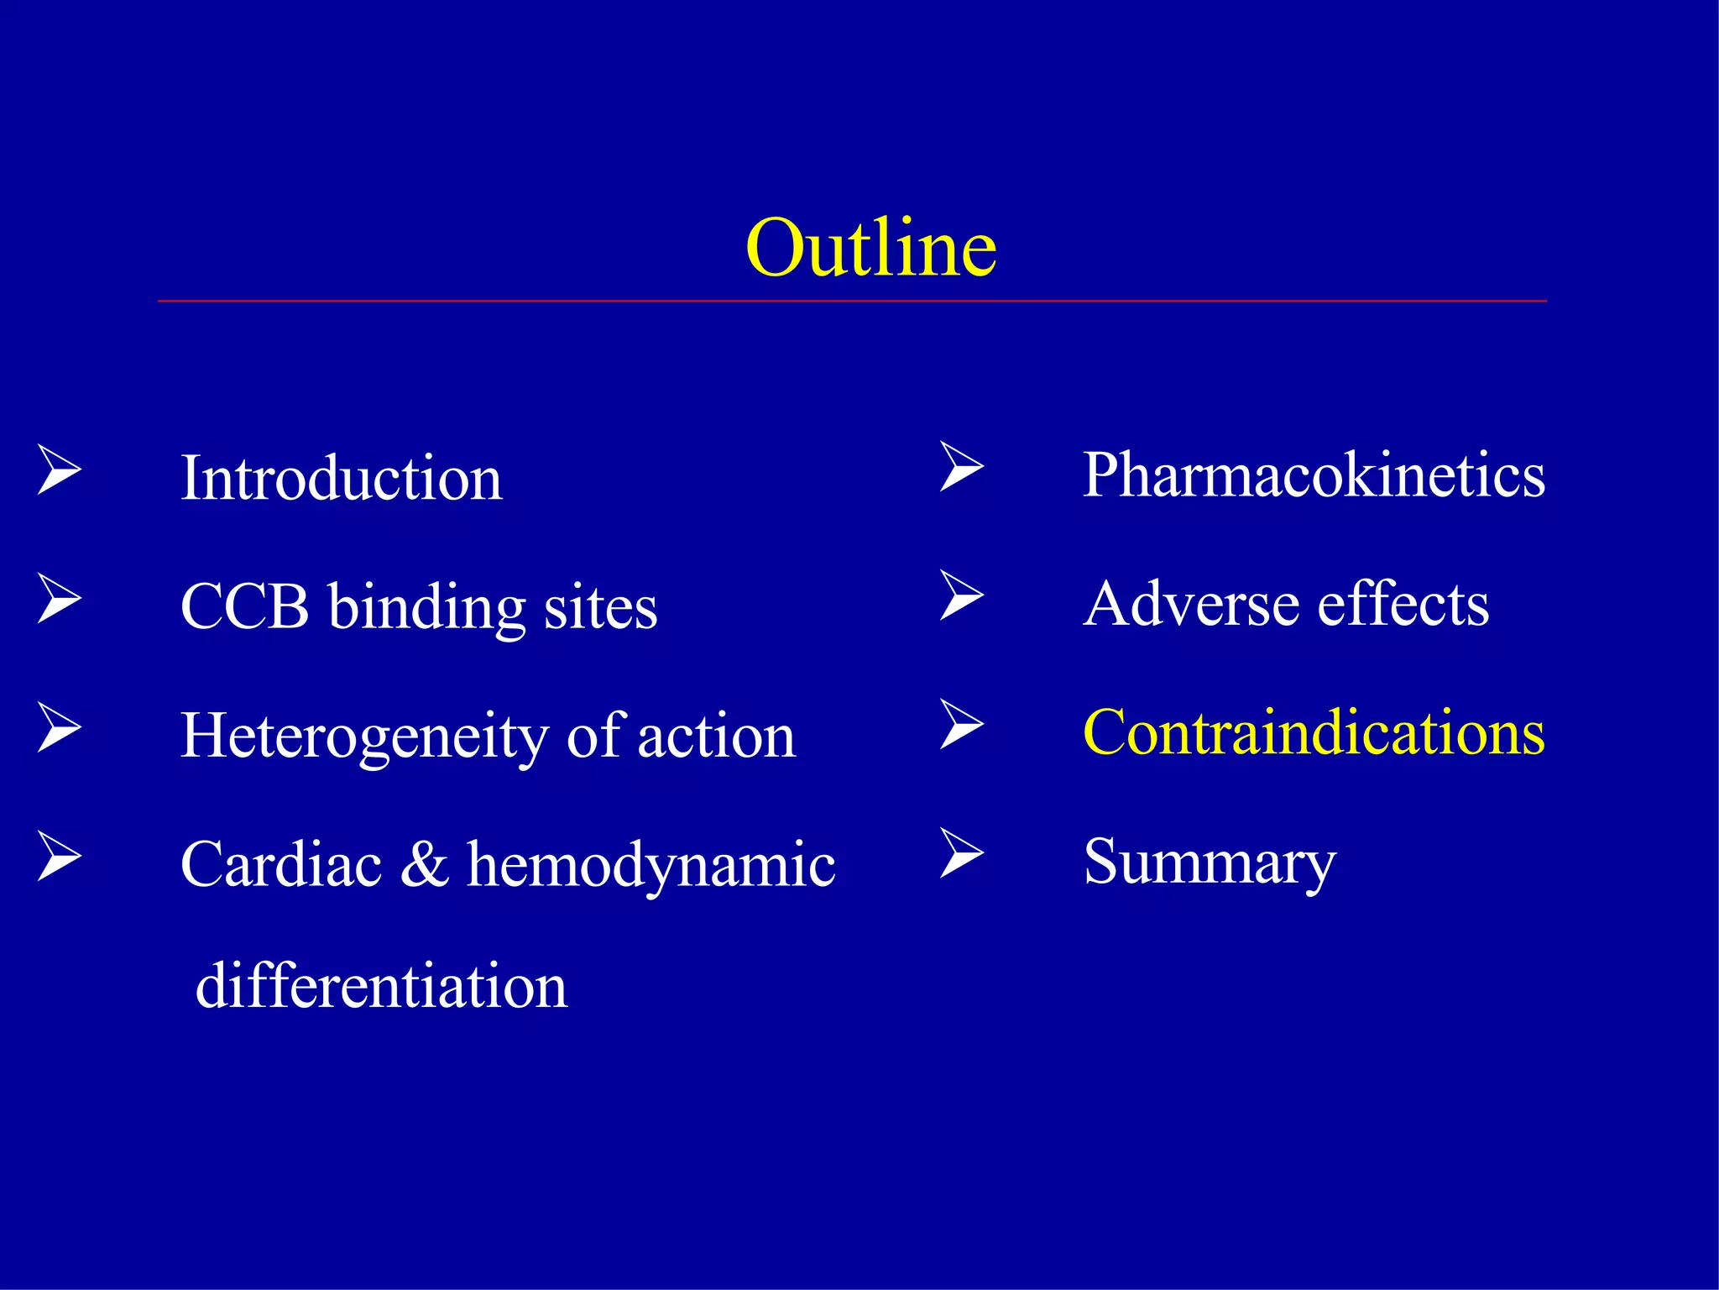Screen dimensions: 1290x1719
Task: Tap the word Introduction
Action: pos(341,478)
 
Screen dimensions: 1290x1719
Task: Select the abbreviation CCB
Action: pos(244,606)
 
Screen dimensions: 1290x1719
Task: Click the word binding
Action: pos(426,608)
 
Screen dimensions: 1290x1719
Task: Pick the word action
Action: pos(716,737)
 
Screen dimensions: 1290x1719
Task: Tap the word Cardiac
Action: pos(280,864)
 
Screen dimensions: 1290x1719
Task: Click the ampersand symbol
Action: pos(424,864)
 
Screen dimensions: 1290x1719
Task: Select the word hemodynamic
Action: pos(651,865)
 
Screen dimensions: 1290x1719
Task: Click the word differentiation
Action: pos(381,985)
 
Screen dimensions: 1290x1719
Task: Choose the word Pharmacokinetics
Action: pos(1314,475)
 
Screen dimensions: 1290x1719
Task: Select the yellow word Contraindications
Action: pos(1314,732)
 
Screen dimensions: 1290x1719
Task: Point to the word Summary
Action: pos(1209,863)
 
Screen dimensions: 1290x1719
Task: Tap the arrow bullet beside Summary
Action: pos(961,853)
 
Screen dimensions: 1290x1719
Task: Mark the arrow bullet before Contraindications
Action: pos(961,724)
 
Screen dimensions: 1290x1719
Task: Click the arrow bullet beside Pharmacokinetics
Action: pos(961,466)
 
